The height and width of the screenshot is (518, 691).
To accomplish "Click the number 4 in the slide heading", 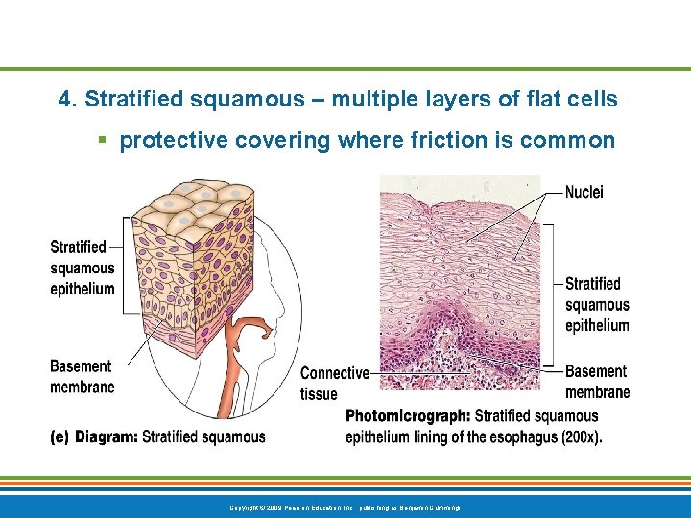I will coord(64,99).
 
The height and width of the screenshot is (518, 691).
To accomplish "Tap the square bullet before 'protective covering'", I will coord(102,141).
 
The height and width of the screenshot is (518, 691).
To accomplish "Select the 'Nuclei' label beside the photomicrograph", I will coord(584,192).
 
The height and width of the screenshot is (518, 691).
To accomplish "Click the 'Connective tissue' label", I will coord(335,383).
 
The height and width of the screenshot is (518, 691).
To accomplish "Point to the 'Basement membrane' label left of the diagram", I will coord(82,376).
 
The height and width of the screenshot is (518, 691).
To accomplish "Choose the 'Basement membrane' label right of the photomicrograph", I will coord(597,381).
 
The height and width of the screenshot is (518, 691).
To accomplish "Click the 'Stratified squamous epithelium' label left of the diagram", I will coord(83,268).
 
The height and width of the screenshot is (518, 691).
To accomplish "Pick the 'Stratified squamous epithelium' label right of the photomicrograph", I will coord(597,304).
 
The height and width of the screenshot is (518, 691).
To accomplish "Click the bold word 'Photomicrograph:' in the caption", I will coord(408,416).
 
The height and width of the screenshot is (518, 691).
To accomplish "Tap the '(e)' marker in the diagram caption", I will coord(60,437).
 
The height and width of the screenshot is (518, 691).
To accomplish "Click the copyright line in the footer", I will coord(345,506).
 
